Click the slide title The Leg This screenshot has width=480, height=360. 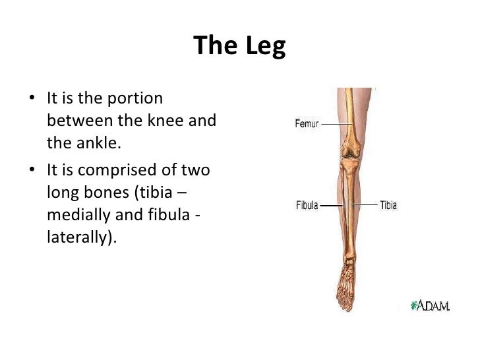click(x=240, y=46)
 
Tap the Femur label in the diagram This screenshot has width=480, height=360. click(x=306, y=124)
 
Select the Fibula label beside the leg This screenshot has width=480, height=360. click(x=307, y=206)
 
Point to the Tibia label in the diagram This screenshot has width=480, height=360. click(x=388, y=206)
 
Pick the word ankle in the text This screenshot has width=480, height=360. click(x=88, y=142)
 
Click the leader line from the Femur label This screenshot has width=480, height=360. click(x=334, y=124)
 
